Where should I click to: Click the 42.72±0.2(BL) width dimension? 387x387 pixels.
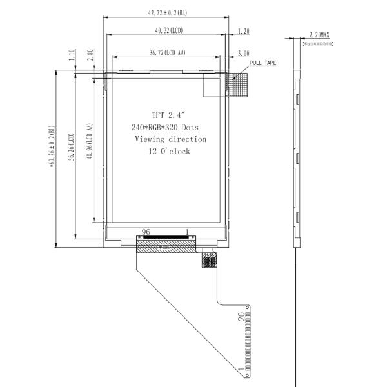click(x=166, y=12)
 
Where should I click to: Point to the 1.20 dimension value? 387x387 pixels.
click(x=244, y=30)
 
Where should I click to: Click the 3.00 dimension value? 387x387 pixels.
click(x=244, y=53)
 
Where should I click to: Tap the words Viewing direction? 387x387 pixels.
click(x=170, y=139)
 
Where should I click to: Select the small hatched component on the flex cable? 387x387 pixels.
click(x=208, y=260)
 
